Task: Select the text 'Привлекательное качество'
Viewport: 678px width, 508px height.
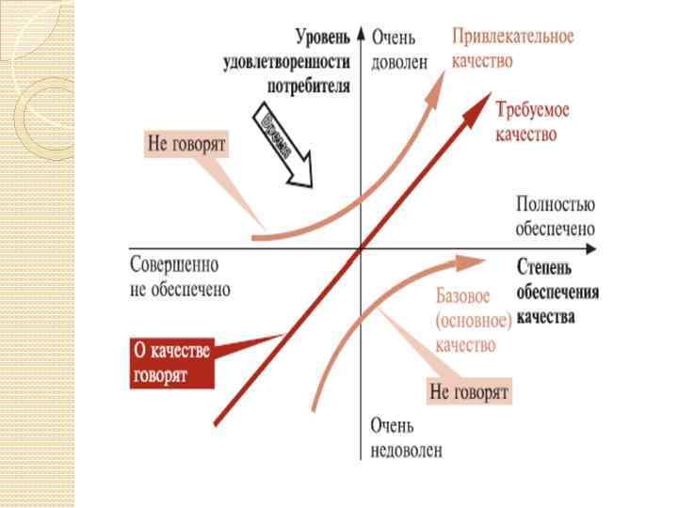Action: pyautogui.click(x=513, y=49)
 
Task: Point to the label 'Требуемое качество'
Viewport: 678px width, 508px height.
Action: pyautogui.click(x=532, y=121)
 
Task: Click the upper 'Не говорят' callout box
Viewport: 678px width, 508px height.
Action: pyautogui.click(x=188, y=144)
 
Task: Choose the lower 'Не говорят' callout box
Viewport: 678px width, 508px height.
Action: pyautogui.click(x=469, y=390)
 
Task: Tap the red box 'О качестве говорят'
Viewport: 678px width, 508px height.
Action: pyautogui.click(x=171, y=362)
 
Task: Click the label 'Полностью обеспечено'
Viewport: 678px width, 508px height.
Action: pyautogui.click(x=555, y=215)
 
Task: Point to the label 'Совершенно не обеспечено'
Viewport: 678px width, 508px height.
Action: pyautogui.click(x=179, y=278)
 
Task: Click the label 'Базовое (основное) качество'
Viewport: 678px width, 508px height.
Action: pyautogui.click(x=473, y=321)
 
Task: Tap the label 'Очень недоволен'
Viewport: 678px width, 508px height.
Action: pyautogui.click(x=406, y=438)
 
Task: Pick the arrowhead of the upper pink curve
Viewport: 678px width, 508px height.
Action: pyautogui.click(x=443, y=76)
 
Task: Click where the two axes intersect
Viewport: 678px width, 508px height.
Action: pyautogui.click(x=362, y=249)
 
